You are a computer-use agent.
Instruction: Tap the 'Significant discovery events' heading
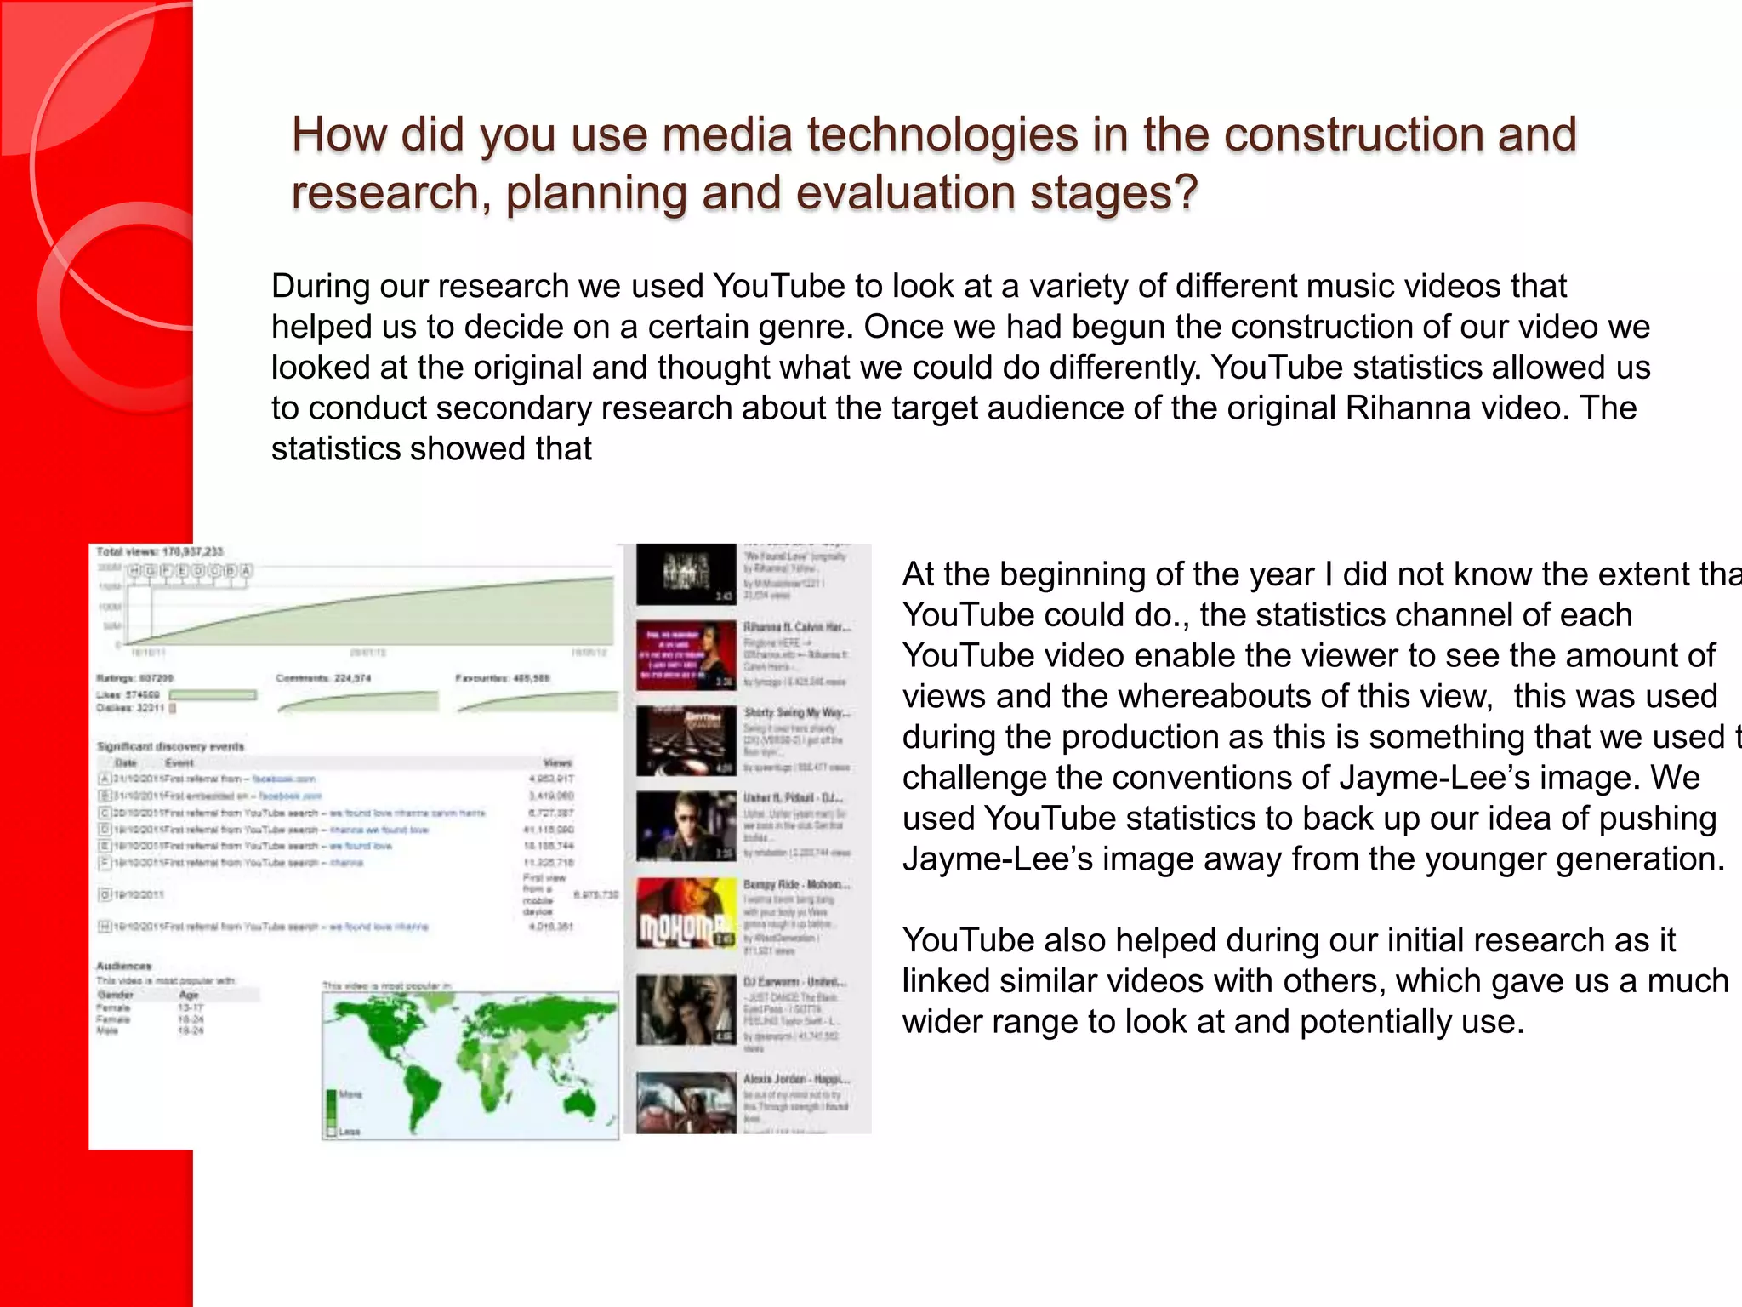170,746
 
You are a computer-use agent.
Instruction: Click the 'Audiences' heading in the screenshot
123,966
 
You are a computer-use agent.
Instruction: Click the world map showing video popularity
470,1064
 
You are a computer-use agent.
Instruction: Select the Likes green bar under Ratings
213,695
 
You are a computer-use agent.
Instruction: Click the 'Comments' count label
323,678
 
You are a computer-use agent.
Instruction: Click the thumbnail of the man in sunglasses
686,826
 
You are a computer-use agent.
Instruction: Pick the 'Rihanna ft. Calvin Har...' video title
797,627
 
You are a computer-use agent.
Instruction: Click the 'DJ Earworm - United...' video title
794,981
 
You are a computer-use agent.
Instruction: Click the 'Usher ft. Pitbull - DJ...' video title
794,798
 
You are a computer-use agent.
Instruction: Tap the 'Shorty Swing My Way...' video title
797,712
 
